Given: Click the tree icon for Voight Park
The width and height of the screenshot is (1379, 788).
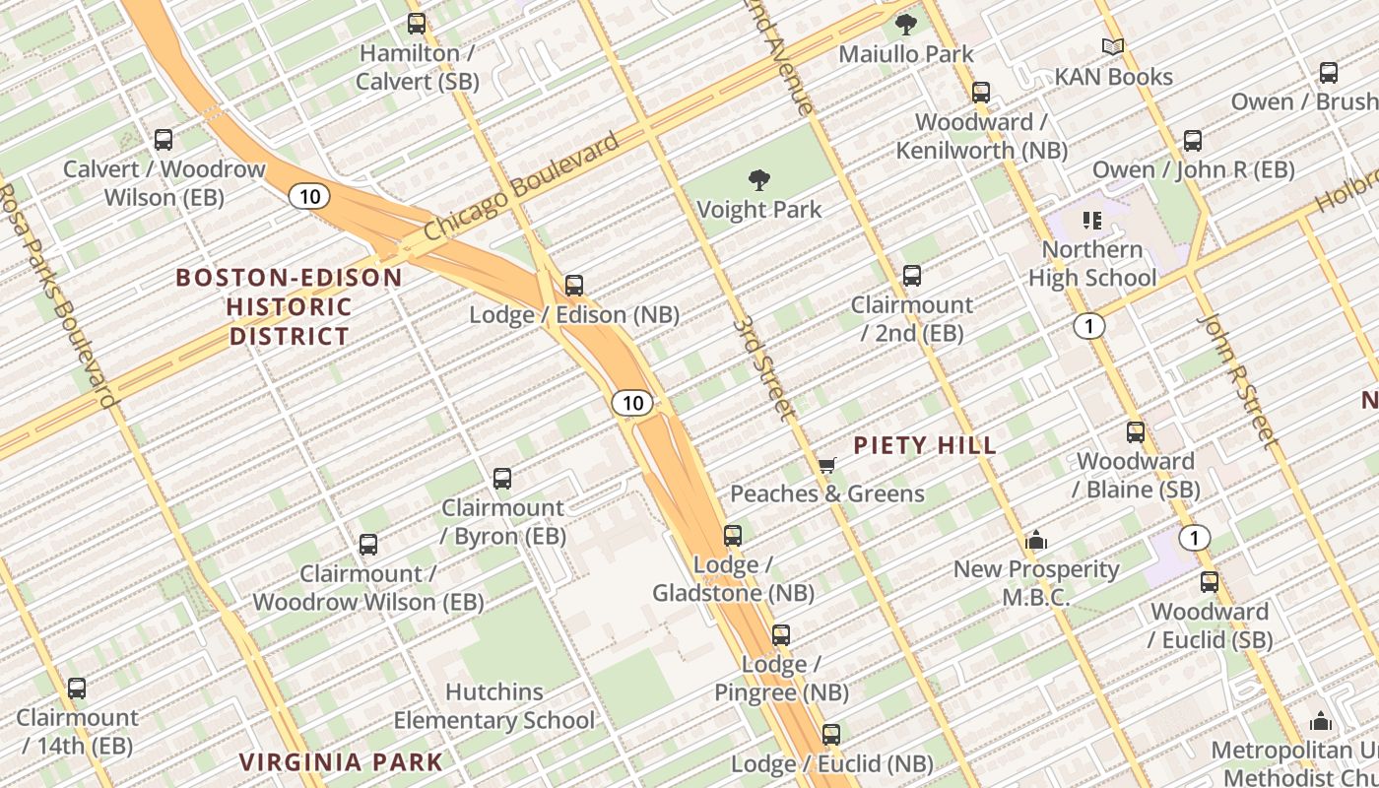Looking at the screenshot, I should click(x=758, y=180).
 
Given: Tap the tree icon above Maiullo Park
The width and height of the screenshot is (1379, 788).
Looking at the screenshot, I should click(x=905, y=25).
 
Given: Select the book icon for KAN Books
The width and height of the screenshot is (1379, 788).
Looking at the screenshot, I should click(x=1113, y=47).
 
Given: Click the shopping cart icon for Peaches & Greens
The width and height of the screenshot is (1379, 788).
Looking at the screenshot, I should click(x=826, y=465).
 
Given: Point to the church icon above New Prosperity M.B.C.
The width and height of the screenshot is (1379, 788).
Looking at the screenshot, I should click(x=1035, y=540).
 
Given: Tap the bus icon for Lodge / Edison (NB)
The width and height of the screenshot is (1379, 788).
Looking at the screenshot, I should click(x=574, y=286).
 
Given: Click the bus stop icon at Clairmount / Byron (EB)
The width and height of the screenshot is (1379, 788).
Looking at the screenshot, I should click(x=502, y=479).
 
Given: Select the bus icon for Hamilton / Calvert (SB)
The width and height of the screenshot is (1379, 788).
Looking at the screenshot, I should click(x=417, y=24).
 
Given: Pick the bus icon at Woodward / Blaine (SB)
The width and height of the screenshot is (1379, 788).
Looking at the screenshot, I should click(x=1136, y=431).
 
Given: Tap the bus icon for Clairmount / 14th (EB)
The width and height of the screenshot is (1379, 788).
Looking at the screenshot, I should click(x=77, y=689).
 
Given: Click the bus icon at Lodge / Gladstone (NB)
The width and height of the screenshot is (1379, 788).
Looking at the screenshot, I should click(x=733, y=536).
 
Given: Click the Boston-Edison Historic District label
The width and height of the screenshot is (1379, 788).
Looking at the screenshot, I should click(x=290, y=306).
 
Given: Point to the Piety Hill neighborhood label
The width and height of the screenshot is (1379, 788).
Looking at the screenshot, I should click(x=925, y=445).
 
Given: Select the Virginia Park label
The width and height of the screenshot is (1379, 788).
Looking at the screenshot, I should click(x=342, y=761).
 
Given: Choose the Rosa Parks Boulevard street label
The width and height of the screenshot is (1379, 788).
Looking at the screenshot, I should click(x=59, y=295).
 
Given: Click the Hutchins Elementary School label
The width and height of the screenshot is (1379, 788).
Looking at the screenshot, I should click(x=494, y=706).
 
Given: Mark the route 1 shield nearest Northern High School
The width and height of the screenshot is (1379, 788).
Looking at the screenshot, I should click(x=1088, y=326).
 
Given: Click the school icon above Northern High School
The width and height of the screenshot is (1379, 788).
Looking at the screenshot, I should click(x=1091, y=220).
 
